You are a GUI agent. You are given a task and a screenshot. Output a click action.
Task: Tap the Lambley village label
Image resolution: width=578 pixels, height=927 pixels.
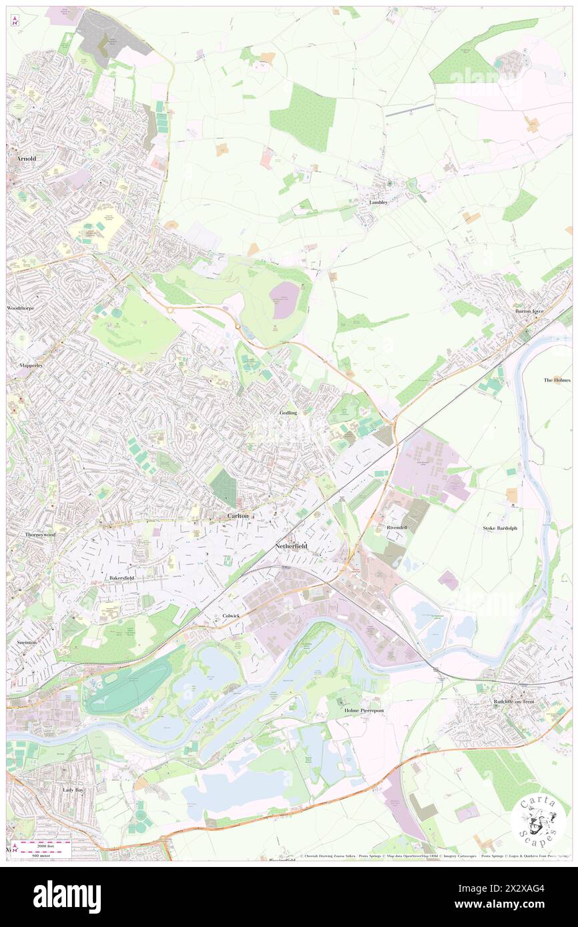378,202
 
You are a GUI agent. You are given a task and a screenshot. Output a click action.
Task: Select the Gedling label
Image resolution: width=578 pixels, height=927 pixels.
288,413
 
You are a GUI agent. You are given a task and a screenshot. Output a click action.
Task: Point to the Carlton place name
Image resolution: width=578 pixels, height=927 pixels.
238,516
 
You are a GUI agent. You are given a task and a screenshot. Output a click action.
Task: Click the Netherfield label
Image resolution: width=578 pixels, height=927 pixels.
291,546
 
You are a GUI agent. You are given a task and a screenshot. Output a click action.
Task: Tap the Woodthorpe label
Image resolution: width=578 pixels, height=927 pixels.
20,308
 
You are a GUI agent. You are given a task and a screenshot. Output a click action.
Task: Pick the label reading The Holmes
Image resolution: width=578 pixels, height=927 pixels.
557,379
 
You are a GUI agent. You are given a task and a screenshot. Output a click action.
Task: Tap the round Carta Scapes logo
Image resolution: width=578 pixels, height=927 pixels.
538,820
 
